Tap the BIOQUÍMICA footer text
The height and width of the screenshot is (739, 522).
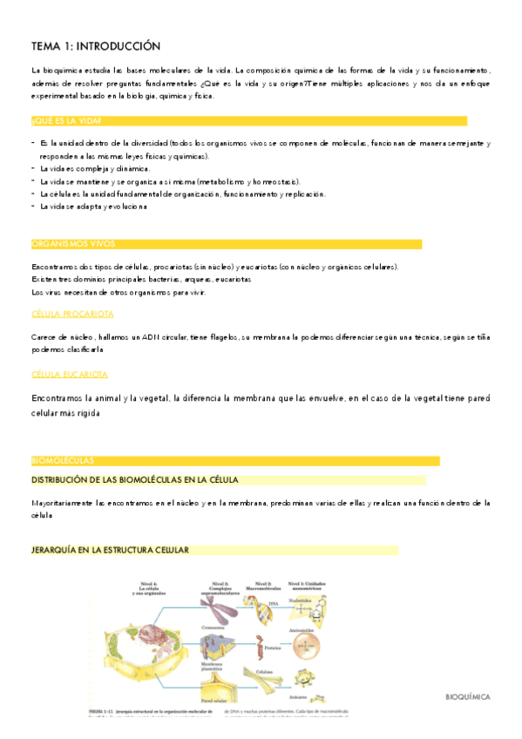coord(467,697)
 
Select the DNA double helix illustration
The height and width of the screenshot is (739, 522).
coord(261,606)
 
